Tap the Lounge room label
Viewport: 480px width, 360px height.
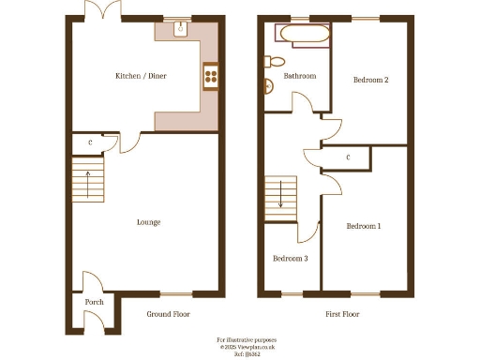click(148, 222)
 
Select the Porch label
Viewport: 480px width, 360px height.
click(95, 302)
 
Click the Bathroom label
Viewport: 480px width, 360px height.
click(300, 76)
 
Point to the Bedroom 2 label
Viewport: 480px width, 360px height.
click(370, 81)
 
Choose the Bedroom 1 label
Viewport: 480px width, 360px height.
click(364, 226)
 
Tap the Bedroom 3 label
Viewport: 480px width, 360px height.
click(290, 258)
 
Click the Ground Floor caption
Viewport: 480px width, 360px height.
click(169, 314)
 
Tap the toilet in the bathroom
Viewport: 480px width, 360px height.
click(272, 62)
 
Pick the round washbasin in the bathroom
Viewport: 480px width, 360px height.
click(269, 87)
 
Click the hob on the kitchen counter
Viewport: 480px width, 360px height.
click(211, 78)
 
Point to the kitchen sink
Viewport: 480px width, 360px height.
click(179, 29)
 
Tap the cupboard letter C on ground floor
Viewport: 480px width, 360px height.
click(90, 142)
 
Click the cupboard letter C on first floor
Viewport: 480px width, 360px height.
click(349, 157)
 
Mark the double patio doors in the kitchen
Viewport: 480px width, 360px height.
click(101, 11)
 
